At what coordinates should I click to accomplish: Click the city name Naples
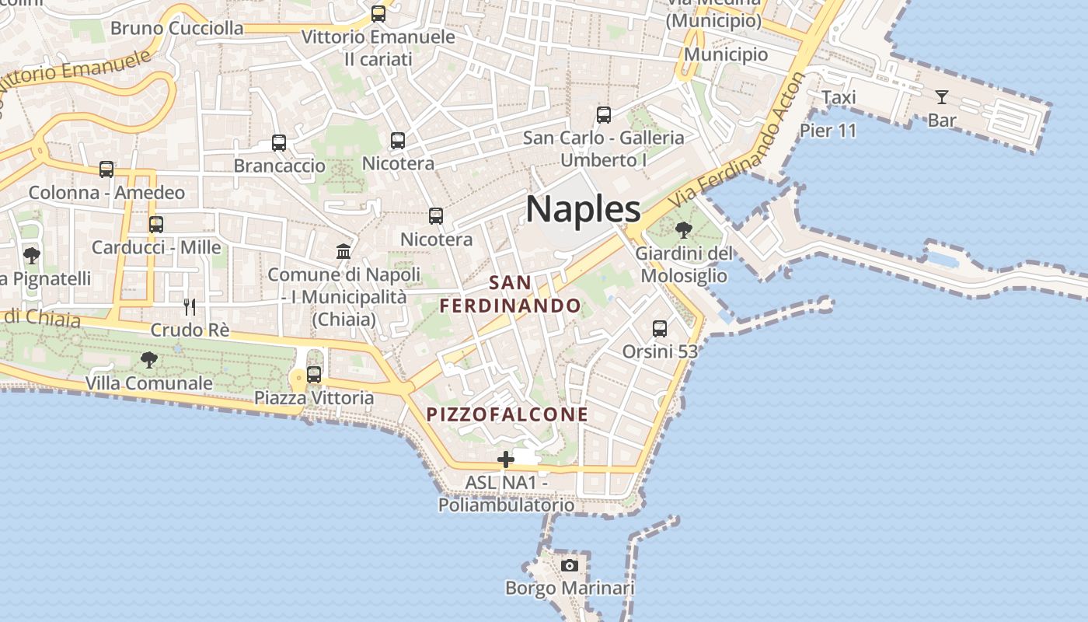click(583, 208)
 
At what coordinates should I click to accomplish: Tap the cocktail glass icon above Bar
click(942, 97)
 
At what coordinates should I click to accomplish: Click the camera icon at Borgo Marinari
click(570, 565)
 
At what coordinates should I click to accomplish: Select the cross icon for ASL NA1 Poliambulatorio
click(506, 460)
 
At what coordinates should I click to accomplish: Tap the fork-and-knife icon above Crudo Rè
click(190, 306)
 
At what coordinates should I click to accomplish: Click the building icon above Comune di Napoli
click(343, 251)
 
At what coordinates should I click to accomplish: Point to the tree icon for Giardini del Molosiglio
click(684, 229)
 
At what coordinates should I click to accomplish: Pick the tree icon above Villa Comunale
click(148, 359)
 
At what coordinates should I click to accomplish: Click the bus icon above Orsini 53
click(660, 328)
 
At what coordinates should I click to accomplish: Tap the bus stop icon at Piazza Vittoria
click(314, 375)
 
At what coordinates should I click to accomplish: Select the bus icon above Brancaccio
click(279, 143)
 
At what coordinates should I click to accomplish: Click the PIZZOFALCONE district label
click(507, 414)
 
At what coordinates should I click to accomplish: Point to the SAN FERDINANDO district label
click(511, 294)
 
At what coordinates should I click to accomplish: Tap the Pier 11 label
click(828, 130)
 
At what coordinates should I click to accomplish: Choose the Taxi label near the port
click(839, 97)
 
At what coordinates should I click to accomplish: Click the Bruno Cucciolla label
click(176, 29)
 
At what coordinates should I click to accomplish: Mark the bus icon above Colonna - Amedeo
click(106, 169)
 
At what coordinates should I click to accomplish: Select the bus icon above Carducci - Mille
click(156, 225)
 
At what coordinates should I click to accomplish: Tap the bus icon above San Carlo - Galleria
click(604, 115)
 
